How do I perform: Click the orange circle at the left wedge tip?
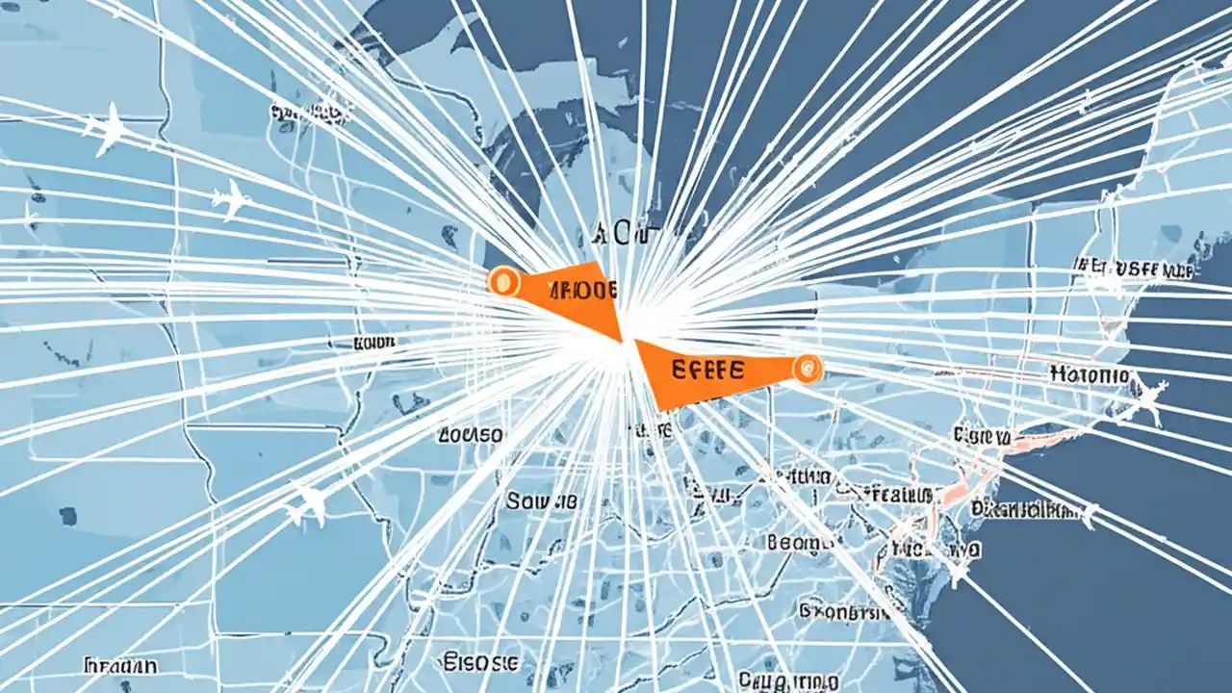pyautogui.click(x=502, y=281)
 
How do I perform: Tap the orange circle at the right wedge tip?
pyautogui.click(x=807, y=368)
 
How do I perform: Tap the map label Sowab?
pyautogui.click(x=542, y=500)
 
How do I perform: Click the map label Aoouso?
pyautogui.click(x=470, y=434)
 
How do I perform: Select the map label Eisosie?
pyautogui.click(x=481, y=661)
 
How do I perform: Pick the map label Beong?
pyautogui.click(x=800, y=543)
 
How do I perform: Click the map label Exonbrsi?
pyautogui.click(x=839, y=610)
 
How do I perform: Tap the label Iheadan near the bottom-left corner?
pyautogui.click(x=120, y=665)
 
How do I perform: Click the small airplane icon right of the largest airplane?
pyautogui.click(x=231, y=200)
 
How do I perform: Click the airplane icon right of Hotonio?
pyautogui.click(x=1150, y=397)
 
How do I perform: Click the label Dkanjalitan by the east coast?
pyautogui.click(x=1025, y=508)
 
